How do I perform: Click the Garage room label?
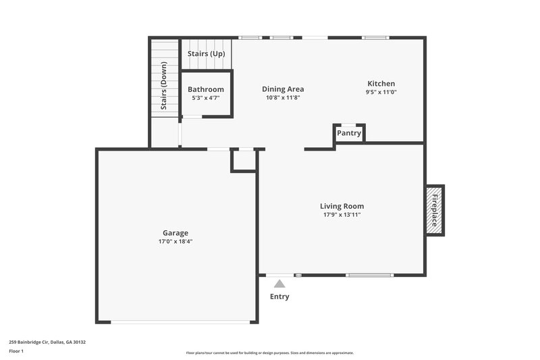pos(175,233)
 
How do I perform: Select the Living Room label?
pos(342,206)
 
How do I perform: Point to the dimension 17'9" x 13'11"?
pos(342,215)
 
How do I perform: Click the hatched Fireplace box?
pos(434,210)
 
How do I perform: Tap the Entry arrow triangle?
pos(279,284)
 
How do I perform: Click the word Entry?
pos(279,297)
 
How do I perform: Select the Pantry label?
pos(349,134)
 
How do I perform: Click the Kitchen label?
pos(381,84)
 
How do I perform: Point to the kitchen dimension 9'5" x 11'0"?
pos(381,93)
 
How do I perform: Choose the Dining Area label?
pos(283,88)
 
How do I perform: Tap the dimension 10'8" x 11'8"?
pos(283,97)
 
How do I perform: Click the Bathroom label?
pos(206,89)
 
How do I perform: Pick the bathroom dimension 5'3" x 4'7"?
pos(206,98)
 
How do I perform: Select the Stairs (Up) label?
pos(206,53)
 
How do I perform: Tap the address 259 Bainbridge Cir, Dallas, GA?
pos(47,342)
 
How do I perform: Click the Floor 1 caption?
pos(16,351)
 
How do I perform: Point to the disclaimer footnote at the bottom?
pos(270,353)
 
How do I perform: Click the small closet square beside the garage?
pos(244,160)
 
